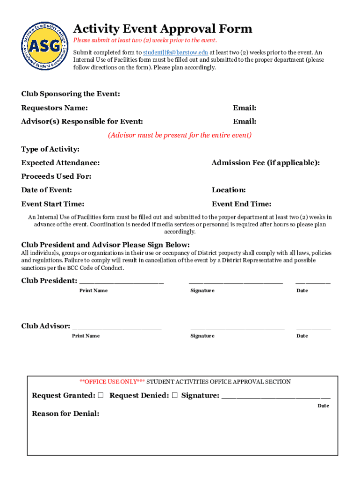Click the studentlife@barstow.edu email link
click(x=175, y=52)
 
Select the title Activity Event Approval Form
click(x=163, y=29)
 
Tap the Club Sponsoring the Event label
click(x=71, y=94)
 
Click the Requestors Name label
click(x=54, y=108)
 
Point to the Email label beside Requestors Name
click(x=245, y=108)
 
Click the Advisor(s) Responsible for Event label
click(x=82, y=122)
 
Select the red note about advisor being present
click(x=180, y=135)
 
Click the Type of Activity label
click(x=50, y=149)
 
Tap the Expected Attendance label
click(x=60, y=163)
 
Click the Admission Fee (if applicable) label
click(x=266, y=163)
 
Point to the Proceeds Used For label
click(x=56, y=176)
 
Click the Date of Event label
click(x=46, y=190)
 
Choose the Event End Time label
click(x=241, y=204)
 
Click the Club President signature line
click(x=236, y=282)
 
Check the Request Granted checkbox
click(x=101, y=395)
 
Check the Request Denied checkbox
click(x=174, y=395)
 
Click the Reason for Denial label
click(x=65, y=414)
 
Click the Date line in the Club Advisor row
click(x=313, y=327)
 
